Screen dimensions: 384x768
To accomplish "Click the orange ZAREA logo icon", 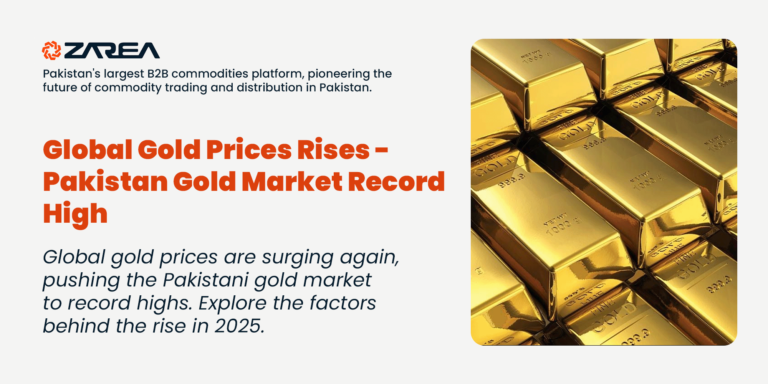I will (x=51, y=49).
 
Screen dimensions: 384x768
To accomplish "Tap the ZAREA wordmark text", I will (x=111, y=50).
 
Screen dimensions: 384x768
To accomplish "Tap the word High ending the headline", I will (x=74, y=213).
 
